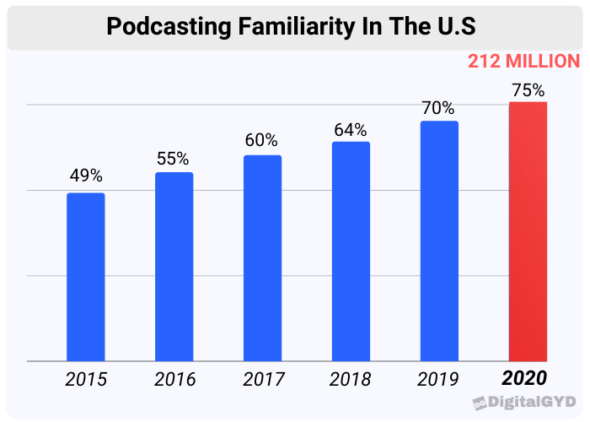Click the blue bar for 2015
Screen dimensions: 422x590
tap(86, 277)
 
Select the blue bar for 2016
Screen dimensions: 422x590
tap(174, 267)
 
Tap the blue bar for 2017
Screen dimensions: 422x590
tap(263, 258)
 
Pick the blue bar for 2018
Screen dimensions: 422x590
tap(351, 252)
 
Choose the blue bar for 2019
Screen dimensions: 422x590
tap(439, 241)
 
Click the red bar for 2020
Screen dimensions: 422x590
tap(528, 232)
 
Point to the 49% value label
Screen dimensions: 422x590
tap(86, 176)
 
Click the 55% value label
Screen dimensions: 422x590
tap(174, 158)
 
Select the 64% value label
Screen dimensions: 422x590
tap(351, 129)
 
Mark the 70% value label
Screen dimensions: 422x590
tap(439, 108)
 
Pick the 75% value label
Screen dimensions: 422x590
tap(528, 89)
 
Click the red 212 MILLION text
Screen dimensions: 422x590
tap(523, 62)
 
